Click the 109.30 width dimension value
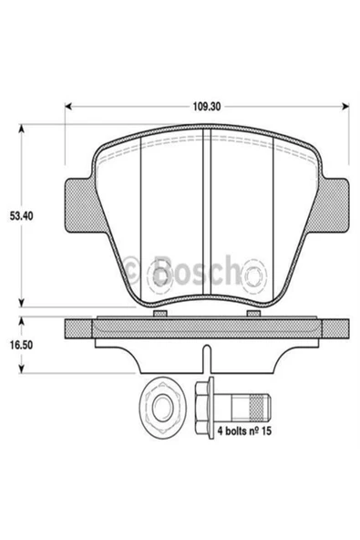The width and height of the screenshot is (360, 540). [207, 107]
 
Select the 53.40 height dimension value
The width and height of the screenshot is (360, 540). [21, 216]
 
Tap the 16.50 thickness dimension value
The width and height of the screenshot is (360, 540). [21, 345]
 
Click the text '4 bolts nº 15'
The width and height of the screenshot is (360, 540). [244, 431]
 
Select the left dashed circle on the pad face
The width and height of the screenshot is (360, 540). [160, 275]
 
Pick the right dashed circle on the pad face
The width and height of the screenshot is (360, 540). [254, 275]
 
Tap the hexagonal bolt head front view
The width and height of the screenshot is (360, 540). [162, 408]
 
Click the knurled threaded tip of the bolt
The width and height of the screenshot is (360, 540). [259, 408]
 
